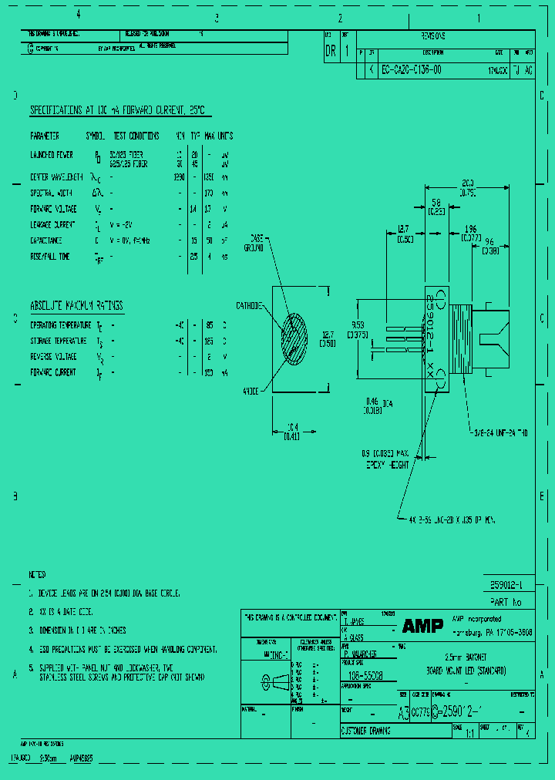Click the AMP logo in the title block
pos(422,627)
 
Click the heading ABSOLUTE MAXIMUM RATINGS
pos(76,305)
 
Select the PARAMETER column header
pos(45,136)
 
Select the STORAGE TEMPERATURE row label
pos(58,341)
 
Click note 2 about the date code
pos(66,612)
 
